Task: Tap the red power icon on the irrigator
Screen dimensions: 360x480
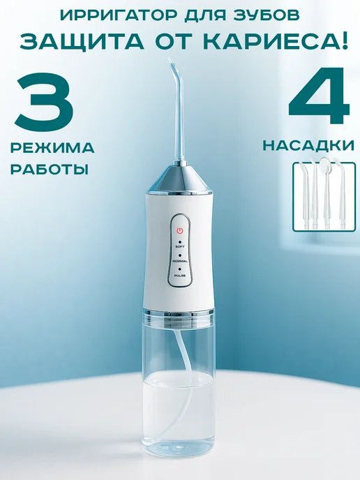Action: [x=180, y=230]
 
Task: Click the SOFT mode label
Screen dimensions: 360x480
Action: [x=180, y=246]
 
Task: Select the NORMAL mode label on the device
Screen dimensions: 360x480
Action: [x=180, y=261]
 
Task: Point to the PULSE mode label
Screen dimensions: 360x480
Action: [x=180, y=276]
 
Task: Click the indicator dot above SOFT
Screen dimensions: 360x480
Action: [x=180, y=241]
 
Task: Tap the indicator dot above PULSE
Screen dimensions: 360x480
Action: [x=180, y=269]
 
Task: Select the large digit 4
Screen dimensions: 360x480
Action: [x=318, y=98]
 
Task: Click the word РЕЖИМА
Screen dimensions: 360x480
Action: [x=52, y=148]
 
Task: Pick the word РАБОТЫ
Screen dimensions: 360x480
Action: [x=50, y=169]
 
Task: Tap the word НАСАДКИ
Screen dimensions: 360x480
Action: [x=308, y=146]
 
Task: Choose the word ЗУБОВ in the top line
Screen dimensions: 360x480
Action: [x=267, y=15]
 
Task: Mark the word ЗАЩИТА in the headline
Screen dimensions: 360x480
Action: [x=82, y=41]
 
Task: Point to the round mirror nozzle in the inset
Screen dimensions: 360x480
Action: [x=324, y=165]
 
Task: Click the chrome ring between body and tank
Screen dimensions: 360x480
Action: [x=179, y=313]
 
